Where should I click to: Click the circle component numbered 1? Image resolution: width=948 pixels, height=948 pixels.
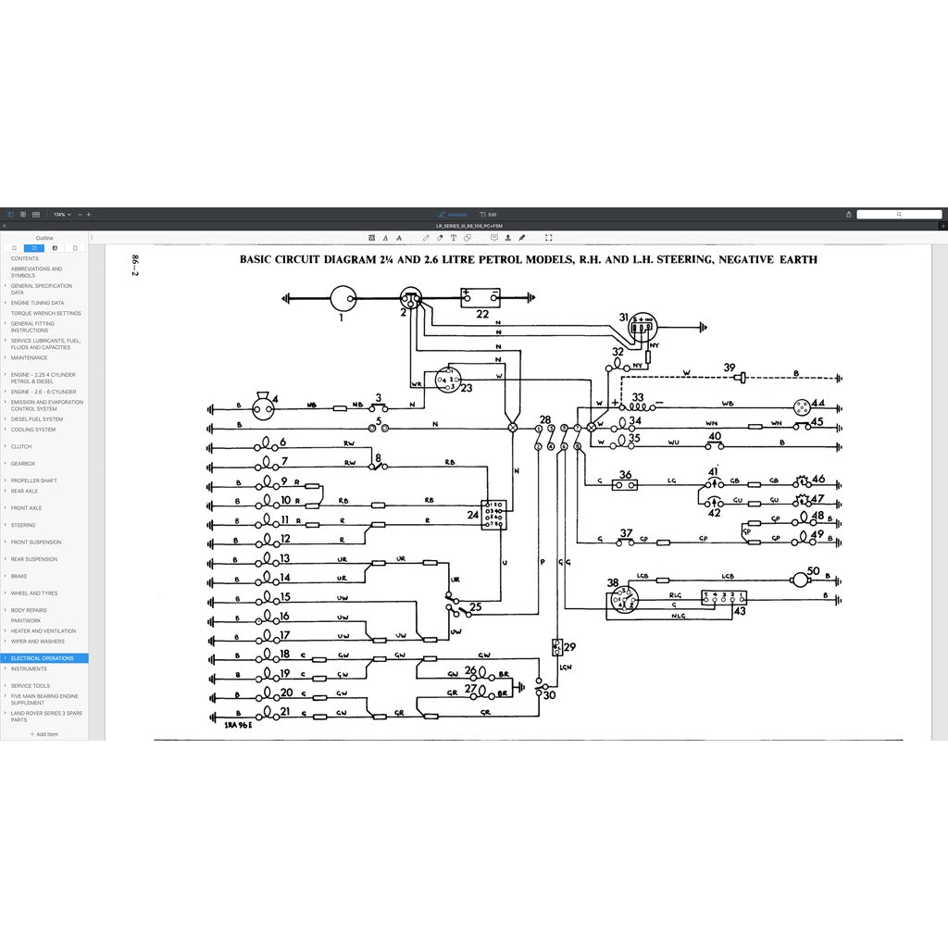pyautogui.click(x=343, y=298)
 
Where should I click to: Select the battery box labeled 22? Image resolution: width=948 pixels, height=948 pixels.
pyautogui.click(x=481, y=297)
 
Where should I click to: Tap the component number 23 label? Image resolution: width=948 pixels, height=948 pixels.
pyautogui.click(x=466, y=388)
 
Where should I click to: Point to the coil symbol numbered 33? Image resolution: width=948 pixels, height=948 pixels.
pyautogui.click(x=637, y=405)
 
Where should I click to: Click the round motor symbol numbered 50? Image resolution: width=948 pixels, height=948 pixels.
pyautogui.click(x=797, y=579)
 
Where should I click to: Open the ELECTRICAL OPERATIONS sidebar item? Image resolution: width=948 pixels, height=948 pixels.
pyautogui.click(x=43, y=658)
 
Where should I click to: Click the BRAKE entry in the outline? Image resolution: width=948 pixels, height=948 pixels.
pyautogui.click(x=19, y=576)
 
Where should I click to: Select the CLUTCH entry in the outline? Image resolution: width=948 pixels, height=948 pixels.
pyautogui.click(x=21, y=446)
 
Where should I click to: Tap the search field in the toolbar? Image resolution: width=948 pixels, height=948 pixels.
pyautogui.click(x=898, y=214)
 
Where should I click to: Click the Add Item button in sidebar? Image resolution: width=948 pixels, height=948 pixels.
pyautogui.click(x=44, y=734)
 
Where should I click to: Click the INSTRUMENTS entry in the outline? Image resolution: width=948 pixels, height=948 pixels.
pyautogui.click(x=29, y=668)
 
